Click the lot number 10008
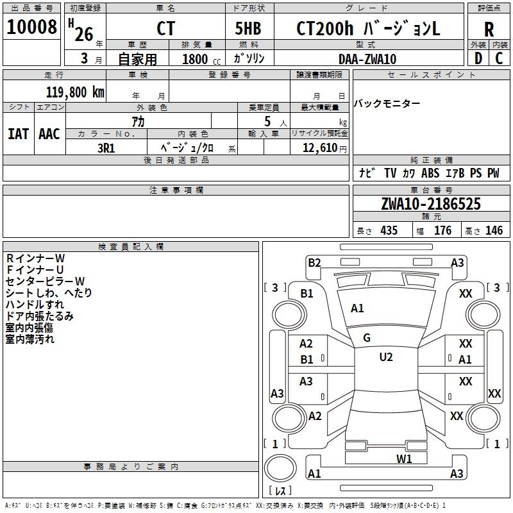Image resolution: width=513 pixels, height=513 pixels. (x=31, y=28)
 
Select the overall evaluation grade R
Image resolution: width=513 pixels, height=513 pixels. (x=489, y=29)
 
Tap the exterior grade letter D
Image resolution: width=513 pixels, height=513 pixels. (x=478, y=58)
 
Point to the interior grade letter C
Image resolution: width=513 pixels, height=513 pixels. (x=499, y=58)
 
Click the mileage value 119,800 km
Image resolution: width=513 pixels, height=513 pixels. (x=75, y=92)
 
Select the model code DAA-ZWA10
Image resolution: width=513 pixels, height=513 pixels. (x=367, y=59)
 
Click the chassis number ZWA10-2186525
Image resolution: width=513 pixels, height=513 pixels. (x=430, y=204)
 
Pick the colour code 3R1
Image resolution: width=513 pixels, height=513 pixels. (x=106, y=147)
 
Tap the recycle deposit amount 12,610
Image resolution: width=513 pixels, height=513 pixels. (x=319, y=148)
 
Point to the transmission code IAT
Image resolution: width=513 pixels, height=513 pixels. (x=18, y=134)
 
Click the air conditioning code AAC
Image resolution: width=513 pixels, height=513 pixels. (x=49, y=134)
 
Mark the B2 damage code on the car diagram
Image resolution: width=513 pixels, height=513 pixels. (x=314, y=262)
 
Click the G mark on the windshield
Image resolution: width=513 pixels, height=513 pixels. (x=367, y=338)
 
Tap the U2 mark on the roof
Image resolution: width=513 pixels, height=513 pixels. (x=385, y=357)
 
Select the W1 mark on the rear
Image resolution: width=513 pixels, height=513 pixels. (x=404, y=458)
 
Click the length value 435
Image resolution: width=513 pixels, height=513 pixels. (x=388, y=231)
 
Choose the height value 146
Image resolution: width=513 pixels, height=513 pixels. (x=494, y=231)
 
